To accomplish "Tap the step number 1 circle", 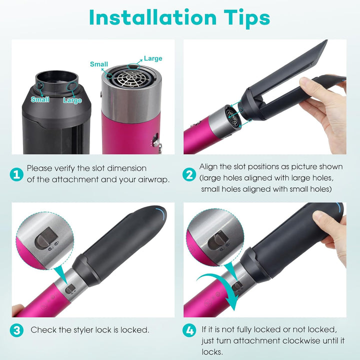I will [x=16, y=174].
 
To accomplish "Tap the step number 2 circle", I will [x=189, y=174].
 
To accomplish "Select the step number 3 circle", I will [x=16, y=330].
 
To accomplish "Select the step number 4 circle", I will [x=189, y=330].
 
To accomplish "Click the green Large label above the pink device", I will [x=153, y=58].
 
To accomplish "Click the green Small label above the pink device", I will [x=99, y=64].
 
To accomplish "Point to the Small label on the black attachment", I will [x=40, y=99].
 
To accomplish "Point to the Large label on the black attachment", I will [x=72, y=100].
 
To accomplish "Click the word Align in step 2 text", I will [x=208, y=166].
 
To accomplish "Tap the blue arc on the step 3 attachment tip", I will [x=161, y=214].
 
